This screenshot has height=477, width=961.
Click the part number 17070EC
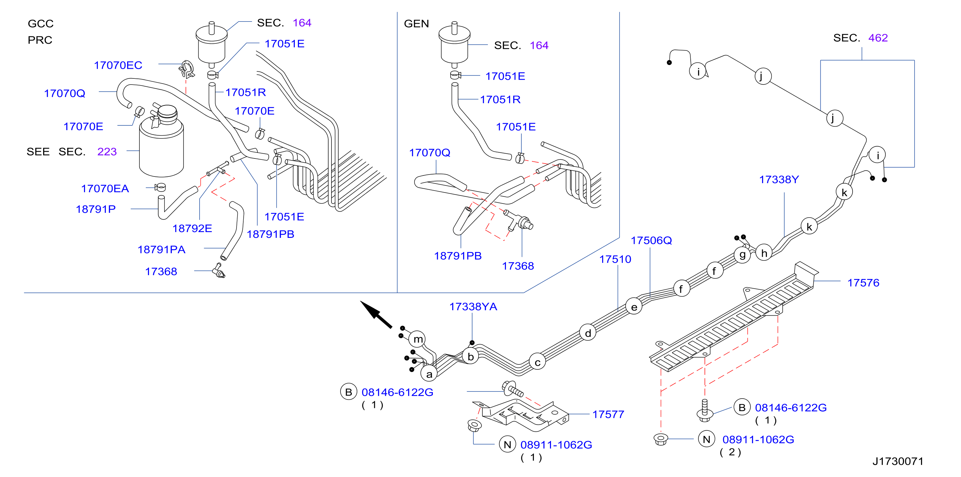coord(118,65)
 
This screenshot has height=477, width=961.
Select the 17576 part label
coord(863,283)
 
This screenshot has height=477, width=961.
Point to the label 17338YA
coord(473,307)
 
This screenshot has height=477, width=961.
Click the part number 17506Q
coord(651,240)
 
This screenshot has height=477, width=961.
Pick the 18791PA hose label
coord(162,250)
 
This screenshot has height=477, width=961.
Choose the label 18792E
coord(192,229)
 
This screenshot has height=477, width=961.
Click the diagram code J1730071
coord(898,461)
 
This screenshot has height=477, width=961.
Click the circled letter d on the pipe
coord(588,333)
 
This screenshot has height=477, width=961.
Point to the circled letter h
coord(764,253)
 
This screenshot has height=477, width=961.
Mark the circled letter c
coord(537,362)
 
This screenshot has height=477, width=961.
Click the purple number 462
coord(878,38)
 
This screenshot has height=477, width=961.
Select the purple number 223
coord(107,152)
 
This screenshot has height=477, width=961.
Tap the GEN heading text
coord(416,24)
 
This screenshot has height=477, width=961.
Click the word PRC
coord(40,40)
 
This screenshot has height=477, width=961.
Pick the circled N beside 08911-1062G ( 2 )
coord(706,439)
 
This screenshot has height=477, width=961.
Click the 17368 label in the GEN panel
coord(518,266)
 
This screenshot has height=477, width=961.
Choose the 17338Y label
coord(779,180)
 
